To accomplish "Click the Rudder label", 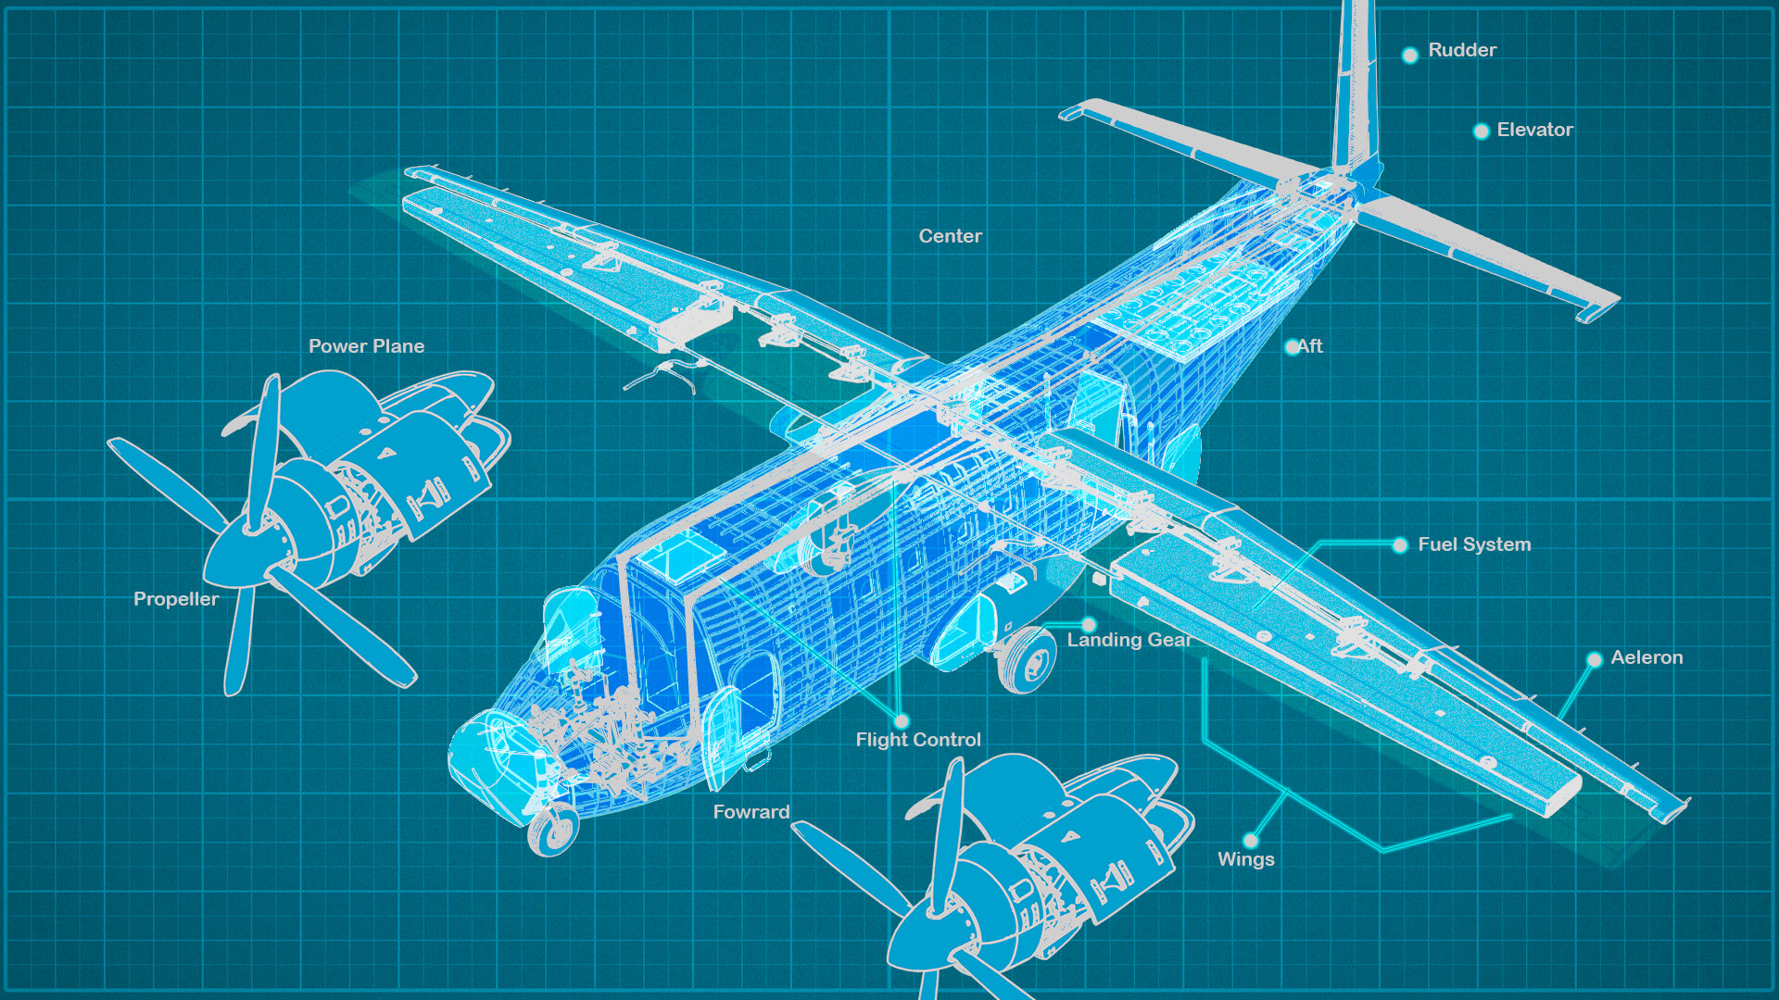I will pyautogui.click(x=1462, y=50).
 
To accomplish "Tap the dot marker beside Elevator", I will pyautogui.click(x=1481, y=131).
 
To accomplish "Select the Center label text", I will pyautogui.click(x=950, y=236).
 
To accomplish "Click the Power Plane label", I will pyautogui.click(x=366, y=346).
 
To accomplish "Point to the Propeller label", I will pyautogui.click(x=176, y=599).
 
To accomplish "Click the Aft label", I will pyautogui.click(x=1309, y=346).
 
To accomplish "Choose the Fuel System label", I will pyautogui.click(x=1474, y=544).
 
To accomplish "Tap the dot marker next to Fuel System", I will pyautogui.click(x=1400, y=545).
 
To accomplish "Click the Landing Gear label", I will pyautogui.click(x=1129, y=640).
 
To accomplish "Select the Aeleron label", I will pyautogui.click(x=1647, y=657).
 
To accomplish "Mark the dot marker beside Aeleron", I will pyautogui.click(x=1594, y=660).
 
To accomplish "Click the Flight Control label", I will pyautogui.click(x=917, y=740).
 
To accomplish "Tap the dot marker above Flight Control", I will pyautogui.click(x=902, y=720).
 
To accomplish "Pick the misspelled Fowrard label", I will pyautogui.click(x=751, y=812).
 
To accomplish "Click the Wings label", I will pyautogui.click(x=1245, y=859).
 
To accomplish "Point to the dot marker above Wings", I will pyautogui.click(x=1251, y=840).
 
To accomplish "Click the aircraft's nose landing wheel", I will pyautogui.click(x=553, y=831).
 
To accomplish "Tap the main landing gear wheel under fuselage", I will pyautogui.click(x=1028, y=659).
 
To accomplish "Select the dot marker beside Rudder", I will pyautogui.click(x=1409, y=56).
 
